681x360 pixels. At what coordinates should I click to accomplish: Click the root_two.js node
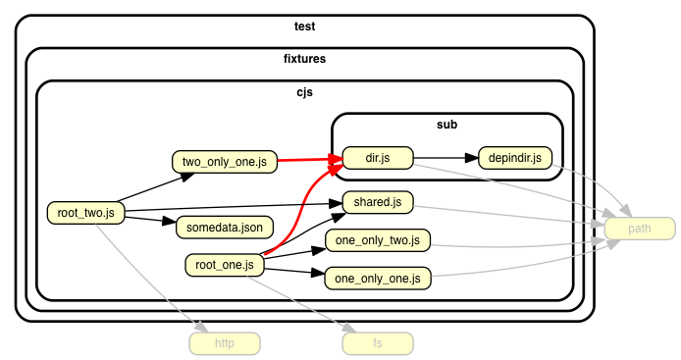86,213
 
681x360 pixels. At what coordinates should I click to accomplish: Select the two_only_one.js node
225,162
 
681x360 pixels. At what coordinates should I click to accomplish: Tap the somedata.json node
225,228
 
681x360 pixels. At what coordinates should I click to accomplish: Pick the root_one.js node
225,265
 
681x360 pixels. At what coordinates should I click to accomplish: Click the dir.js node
378,158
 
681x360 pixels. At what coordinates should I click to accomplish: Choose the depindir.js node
515,158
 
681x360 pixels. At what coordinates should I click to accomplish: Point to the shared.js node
378,202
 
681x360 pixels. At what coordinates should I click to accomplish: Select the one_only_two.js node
378,240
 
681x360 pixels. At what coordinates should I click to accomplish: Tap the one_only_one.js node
378,279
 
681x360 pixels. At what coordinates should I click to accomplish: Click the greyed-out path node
640,229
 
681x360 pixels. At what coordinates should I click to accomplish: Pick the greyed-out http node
225,343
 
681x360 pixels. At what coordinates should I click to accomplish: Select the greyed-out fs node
378,343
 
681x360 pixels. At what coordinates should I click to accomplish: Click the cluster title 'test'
304,26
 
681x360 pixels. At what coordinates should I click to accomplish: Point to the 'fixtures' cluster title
304,59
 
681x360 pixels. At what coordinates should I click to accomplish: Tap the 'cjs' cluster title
304,92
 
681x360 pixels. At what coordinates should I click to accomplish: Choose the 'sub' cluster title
446,125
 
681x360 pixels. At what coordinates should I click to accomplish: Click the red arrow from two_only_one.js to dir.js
310,160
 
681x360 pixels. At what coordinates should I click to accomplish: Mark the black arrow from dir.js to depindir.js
446,158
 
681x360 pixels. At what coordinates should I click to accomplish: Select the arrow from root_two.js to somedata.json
150,220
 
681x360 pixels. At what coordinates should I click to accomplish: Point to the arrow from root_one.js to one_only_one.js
294,272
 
